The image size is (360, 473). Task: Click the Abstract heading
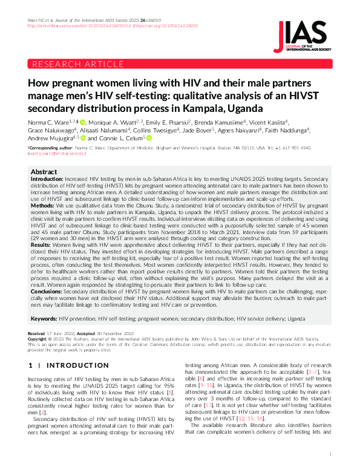click(x=44, y=172)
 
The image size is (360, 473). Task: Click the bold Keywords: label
click(x=44, y=318)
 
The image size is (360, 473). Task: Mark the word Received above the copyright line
click(x=36, y=333)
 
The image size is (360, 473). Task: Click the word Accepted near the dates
click(x=84, y=333)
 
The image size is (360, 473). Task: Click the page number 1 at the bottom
click(x=330, y=453)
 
